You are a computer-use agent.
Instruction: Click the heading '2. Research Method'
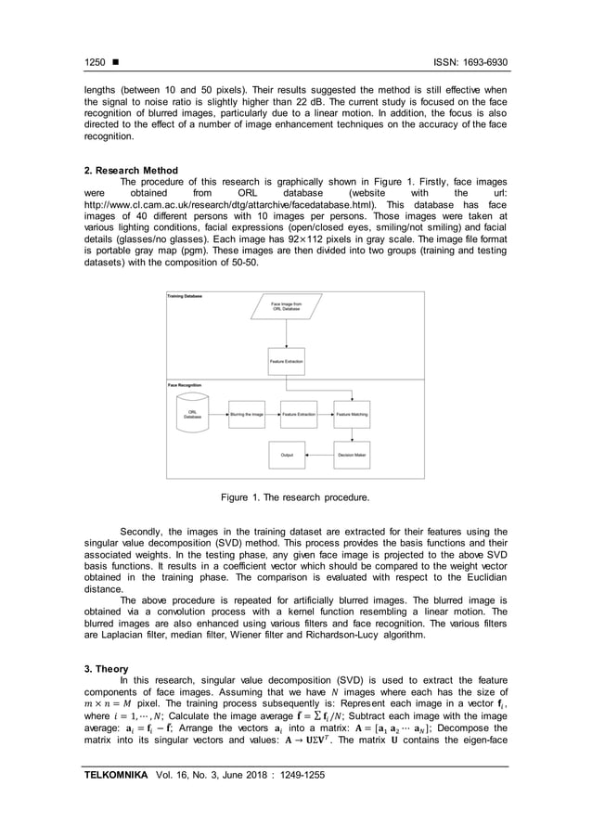(127, 171)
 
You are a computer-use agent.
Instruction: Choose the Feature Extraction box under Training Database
(286, 360)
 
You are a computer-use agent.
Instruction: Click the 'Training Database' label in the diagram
(187, 295)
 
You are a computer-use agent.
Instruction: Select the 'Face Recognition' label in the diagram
(186, 383)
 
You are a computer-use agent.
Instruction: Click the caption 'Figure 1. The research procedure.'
(295, 498)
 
